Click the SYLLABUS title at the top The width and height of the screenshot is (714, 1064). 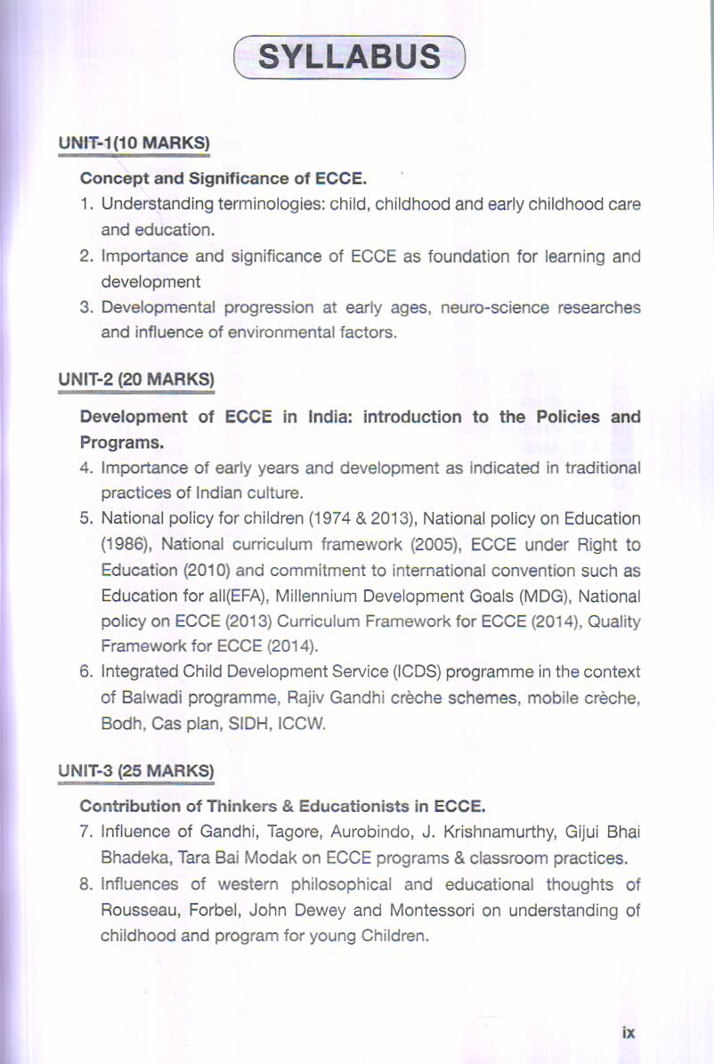(348, 56)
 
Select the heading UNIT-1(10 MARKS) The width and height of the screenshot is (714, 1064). (134, 143)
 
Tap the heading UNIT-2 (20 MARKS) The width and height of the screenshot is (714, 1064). (136, 379)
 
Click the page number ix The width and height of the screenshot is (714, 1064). (629, 1033)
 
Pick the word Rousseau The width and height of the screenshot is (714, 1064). (134, 910)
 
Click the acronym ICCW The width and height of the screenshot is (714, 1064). (303, 723)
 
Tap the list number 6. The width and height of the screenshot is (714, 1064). (86, 671)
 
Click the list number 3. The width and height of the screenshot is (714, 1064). (86, 308)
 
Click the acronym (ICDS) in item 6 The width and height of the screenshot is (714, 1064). (383, 671)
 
